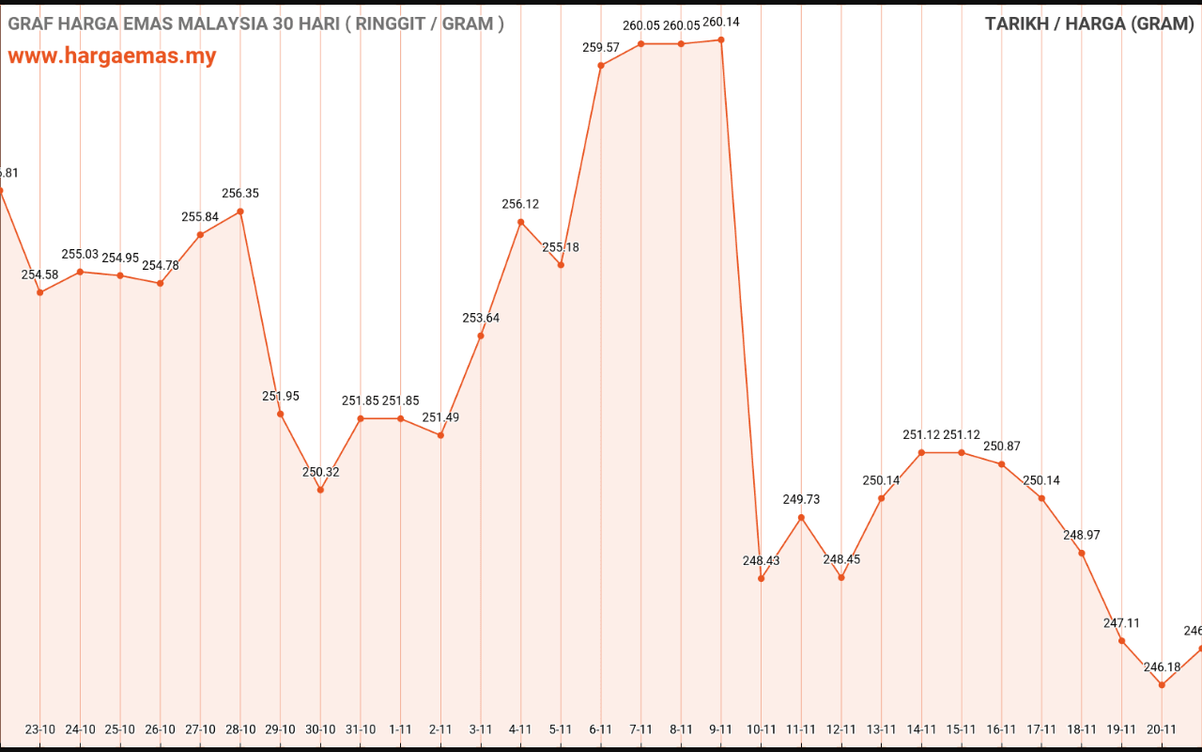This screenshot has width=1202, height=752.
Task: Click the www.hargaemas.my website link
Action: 112,55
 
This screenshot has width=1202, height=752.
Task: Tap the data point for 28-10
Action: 240,211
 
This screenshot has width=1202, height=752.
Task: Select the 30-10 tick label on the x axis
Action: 320,729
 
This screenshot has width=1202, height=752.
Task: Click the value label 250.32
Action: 320,472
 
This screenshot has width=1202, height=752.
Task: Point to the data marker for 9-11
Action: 721,39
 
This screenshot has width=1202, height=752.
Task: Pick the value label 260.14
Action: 721,22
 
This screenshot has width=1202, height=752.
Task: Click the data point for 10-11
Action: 762,578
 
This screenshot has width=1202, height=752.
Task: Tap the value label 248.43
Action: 761,560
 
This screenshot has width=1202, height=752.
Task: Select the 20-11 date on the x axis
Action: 1162,729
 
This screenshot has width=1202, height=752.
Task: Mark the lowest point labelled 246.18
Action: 1162,685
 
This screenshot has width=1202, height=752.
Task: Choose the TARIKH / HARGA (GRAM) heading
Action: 1089,23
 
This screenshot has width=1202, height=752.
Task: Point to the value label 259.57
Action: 601,47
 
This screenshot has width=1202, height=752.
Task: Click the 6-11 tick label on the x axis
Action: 601,729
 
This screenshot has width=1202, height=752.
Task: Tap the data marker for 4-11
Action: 521,222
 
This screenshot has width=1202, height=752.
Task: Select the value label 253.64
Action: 481,318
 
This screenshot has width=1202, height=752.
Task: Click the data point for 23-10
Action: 40,292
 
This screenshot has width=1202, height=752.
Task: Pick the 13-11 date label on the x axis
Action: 881,729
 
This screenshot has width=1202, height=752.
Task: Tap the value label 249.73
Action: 801,499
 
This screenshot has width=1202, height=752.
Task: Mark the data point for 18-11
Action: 1082,553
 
